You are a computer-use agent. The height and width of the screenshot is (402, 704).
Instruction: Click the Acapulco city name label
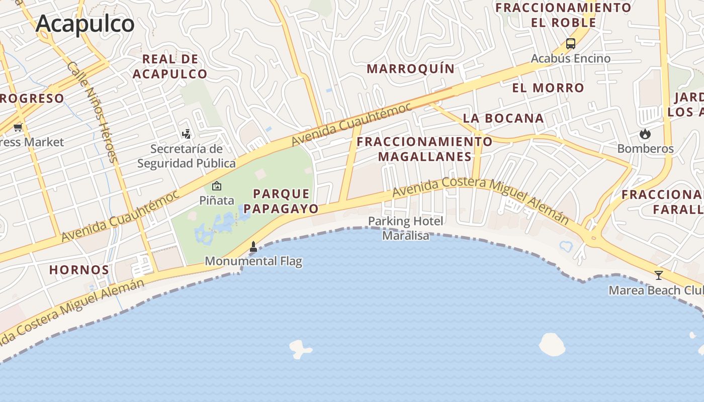pos(85,24)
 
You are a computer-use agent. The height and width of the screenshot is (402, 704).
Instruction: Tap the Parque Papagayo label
pos(282,201)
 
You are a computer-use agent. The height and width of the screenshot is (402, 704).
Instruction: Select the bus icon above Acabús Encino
pos(570,44)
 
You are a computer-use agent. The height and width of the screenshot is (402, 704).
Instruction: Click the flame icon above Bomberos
pos(645,134)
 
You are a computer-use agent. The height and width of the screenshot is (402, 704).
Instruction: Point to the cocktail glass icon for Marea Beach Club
pos(658,275)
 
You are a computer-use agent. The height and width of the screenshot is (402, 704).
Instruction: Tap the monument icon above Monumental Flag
pos(253,247)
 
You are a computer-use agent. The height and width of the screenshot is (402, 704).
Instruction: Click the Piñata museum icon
pos(217,186)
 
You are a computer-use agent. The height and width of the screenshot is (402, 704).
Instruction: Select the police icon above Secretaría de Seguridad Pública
pos(187,134)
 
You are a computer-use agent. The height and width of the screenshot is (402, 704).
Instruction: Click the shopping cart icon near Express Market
pos(18,127)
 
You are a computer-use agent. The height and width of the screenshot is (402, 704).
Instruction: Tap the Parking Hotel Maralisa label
pos(406,228)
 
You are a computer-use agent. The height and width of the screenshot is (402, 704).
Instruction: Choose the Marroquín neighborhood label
pos(411,69)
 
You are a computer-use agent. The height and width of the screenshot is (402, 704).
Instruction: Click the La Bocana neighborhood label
pos(503,119)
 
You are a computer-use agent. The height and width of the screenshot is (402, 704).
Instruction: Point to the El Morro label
pos(548,88)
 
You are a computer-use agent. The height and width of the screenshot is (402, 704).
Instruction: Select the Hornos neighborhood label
pos(79,270)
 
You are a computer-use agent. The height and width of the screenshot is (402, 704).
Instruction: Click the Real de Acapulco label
pos(170,66)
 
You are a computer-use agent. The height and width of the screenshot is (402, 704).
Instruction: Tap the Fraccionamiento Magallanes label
pos(425,149)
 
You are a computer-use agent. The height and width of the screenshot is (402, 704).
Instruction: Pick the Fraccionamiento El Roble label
pos(563,15)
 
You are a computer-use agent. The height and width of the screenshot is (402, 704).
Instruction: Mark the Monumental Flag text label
pos(253,261)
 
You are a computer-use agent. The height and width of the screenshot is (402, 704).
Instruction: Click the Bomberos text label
pos(645,149)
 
